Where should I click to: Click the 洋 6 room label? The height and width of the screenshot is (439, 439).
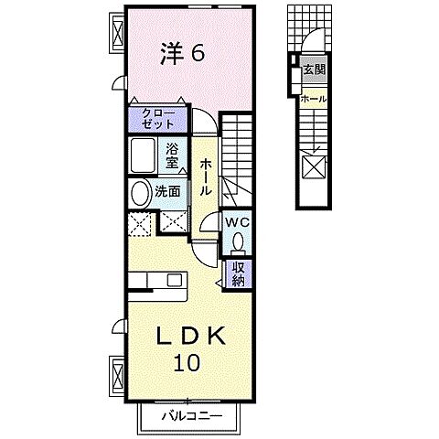tap(184, 53)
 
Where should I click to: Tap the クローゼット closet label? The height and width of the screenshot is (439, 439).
tap(157, 117)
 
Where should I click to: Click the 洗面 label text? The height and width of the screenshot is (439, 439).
tap(166, 194)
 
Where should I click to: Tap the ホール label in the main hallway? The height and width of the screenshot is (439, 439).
tap(207, 175)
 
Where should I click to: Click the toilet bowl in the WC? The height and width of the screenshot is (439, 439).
tap(238, 242)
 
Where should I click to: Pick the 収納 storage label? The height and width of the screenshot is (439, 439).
tap(237, 272)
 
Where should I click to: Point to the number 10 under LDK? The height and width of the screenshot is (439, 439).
tap(186, 363)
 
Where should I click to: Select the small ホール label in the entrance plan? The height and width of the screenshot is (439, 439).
tap(314, 98)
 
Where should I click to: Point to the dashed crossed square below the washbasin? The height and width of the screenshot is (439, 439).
tap(140, 222)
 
